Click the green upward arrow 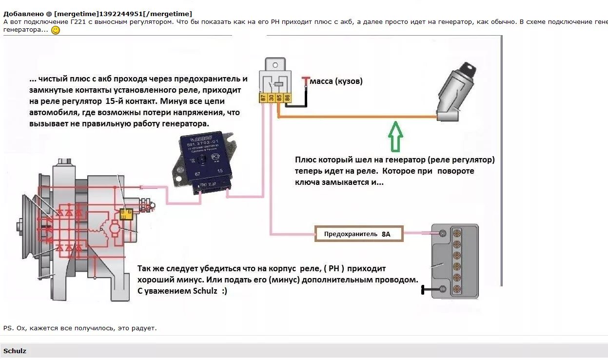395,136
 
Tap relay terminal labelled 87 263,98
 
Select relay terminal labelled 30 271,98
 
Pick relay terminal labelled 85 279,98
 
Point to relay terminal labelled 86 287,98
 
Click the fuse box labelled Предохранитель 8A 359,234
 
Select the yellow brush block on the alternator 126,214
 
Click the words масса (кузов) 336,81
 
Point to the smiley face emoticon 56,30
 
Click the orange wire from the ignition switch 356,117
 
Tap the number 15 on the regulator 220,171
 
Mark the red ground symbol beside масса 306,80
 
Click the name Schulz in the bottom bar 15,351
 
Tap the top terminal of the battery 443,233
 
